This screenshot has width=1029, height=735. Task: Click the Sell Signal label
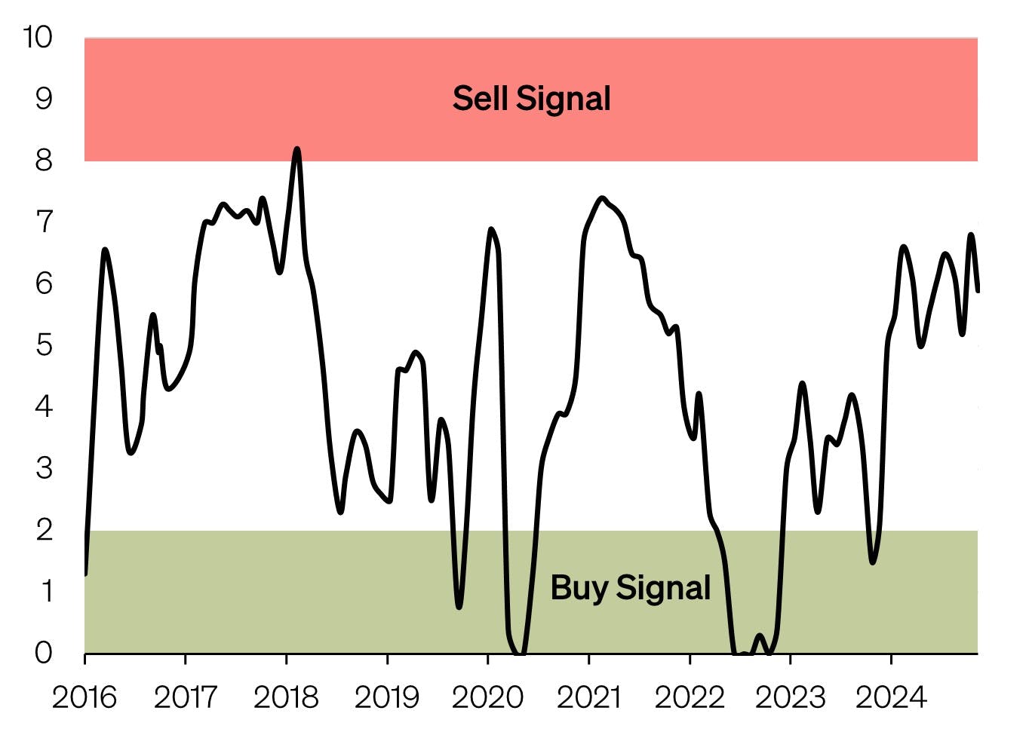coord(531,99)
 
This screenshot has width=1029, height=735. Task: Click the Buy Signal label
coord(630,588)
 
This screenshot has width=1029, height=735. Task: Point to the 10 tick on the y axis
coord(37,37)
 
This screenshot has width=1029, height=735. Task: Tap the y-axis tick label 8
coord(44,161)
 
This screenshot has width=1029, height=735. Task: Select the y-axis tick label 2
coord(44,530)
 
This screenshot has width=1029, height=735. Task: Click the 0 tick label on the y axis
coord(44,653)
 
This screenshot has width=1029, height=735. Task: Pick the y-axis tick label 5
coord(44,345)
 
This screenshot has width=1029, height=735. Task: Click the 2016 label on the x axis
coord(84,697)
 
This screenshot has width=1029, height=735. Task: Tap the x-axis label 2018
coord(286,697)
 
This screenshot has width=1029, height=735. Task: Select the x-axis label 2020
coord(487,697)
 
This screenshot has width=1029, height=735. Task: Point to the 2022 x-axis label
coord(690,697)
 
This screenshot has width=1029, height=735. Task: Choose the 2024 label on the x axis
coord(891,697)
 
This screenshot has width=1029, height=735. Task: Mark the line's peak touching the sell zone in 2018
coord(296,149)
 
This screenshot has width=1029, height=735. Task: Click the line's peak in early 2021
coord(601,198)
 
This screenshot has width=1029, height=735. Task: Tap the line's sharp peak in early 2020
coord(491,229)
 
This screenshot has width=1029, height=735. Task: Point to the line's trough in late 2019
coord(459,606)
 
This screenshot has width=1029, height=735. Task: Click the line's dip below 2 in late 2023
coord(873,562)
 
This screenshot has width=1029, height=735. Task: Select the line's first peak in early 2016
coord(104,250)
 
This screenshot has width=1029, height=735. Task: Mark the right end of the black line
coord(978,290)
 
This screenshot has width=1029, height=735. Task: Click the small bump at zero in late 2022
coord(759,635)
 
